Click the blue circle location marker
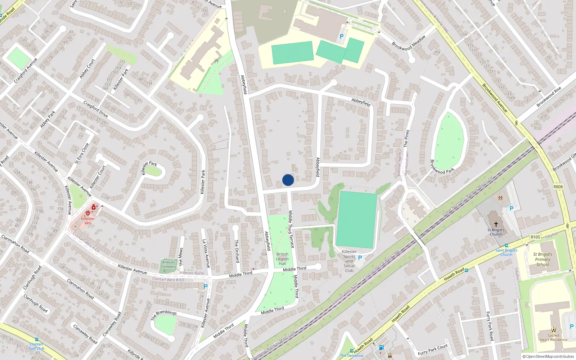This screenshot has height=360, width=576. tap(288, 180)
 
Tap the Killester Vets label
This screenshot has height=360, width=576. tap(88, 221)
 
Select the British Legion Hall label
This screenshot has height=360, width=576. tap(282, 259)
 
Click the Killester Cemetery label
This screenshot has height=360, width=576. tap(168, 264)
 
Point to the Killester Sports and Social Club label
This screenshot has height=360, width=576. tap(349, 261)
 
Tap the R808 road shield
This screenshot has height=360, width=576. tap(558, 187)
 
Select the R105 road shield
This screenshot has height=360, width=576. tap(535, 237)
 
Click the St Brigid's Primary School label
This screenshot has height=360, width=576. tap(543, 259)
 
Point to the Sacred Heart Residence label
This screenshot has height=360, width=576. tap(553, 337)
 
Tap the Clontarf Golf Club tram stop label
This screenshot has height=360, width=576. tap(37, 346)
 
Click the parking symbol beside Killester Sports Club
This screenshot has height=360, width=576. tap(360, 258)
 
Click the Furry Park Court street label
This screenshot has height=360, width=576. tap(433, 349)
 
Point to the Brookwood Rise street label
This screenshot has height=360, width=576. tap(549, 97)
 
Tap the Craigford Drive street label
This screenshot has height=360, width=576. tap(96, 109)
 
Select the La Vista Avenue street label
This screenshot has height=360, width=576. tap(206, 253)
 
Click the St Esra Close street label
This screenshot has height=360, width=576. tap(82, 153)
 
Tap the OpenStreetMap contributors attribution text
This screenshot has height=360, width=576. tap(548, 357)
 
